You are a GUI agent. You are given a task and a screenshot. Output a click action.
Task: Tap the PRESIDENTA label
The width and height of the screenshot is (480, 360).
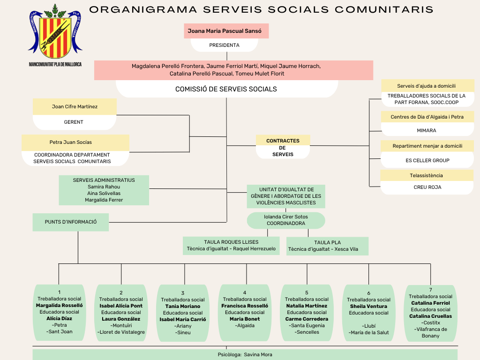[224, 45]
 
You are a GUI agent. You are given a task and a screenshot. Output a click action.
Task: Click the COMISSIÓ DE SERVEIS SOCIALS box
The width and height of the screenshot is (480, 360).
[226, 89]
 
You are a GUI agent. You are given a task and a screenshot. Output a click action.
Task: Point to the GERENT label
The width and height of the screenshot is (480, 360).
[74, 122]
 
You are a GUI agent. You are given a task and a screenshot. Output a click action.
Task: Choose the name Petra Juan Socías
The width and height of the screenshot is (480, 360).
[71, 142]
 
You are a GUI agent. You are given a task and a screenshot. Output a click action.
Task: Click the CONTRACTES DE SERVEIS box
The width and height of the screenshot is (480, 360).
[283, 147]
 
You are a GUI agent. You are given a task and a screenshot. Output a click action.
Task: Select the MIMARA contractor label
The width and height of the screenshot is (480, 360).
[427, 130]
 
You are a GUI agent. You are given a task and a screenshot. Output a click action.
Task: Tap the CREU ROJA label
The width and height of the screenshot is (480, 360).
[427, 187]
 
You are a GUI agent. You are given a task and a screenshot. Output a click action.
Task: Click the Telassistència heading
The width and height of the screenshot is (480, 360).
[426, 175]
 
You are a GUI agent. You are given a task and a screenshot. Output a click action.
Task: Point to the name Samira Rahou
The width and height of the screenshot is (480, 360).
[104, 187]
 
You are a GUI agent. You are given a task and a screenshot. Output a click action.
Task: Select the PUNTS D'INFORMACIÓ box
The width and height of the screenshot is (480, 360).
[71, 222]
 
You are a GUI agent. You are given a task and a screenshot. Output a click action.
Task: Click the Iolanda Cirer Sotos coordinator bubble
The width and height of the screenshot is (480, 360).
[285, 220]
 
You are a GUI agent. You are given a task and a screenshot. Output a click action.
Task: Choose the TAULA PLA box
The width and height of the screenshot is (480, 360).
[327, 246]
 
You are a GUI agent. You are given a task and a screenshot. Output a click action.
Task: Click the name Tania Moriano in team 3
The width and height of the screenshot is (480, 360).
[183, 306]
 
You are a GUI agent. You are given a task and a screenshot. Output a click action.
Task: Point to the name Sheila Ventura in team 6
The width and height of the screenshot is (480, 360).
[368, 306]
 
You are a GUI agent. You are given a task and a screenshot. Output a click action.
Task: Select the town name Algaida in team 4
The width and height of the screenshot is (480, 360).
[245, 325]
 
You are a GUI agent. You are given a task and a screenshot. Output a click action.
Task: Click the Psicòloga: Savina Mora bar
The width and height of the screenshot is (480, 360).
[245, 354]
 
